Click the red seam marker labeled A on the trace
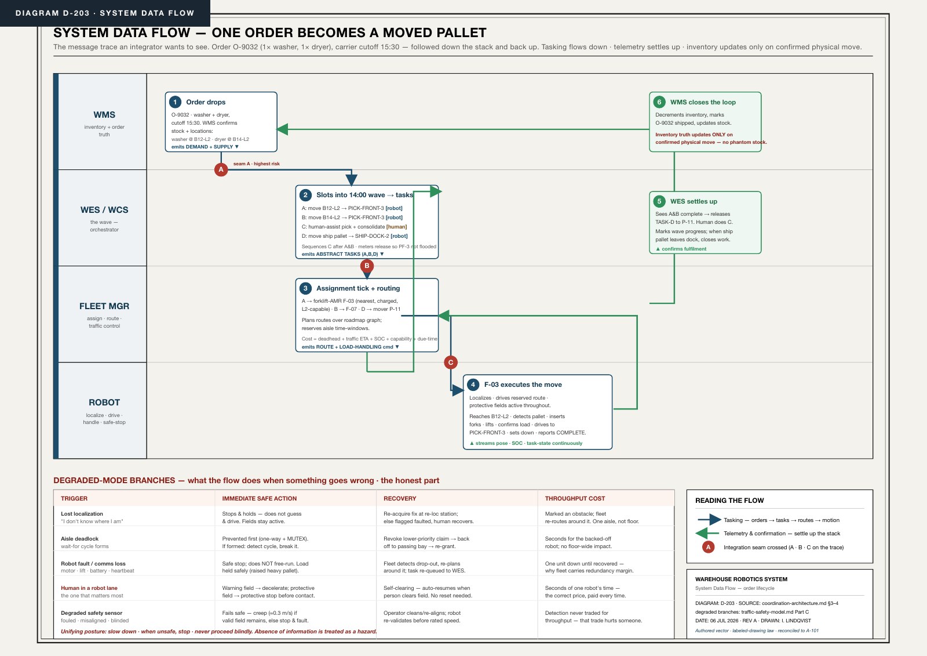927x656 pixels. point(221,169)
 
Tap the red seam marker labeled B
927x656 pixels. point(367,266)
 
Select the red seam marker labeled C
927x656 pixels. point(451,362)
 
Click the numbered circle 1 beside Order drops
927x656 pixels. point(175,102)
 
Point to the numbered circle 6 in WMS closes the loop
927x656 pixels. point(659,102)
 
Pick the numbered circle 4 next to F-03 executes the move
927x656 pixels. point(473,385)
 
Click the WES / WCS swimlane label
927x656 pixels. point(104,210)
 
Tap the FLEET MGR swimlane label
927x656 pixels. point(104,306)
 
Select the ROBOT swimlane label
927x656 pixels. point(104,403)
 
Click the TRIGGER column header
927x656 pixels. point(74,499)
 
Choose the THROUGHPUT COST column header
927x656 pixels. point(575,499)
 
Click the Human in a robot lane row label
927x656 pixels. point(89,588)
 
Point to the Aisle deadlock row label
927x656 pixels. point(79,539)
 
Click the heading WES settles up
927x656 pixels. point(694,201)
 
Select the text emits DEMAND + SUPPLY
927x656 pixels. point(202,147)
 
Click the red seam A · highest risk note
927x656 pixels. point(257,164)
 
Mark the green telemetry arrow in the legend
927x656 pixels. point(707,534)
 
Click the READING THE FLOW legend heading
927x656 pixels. point(729,501)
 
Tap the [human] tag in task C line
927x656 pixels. point(396,227)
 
